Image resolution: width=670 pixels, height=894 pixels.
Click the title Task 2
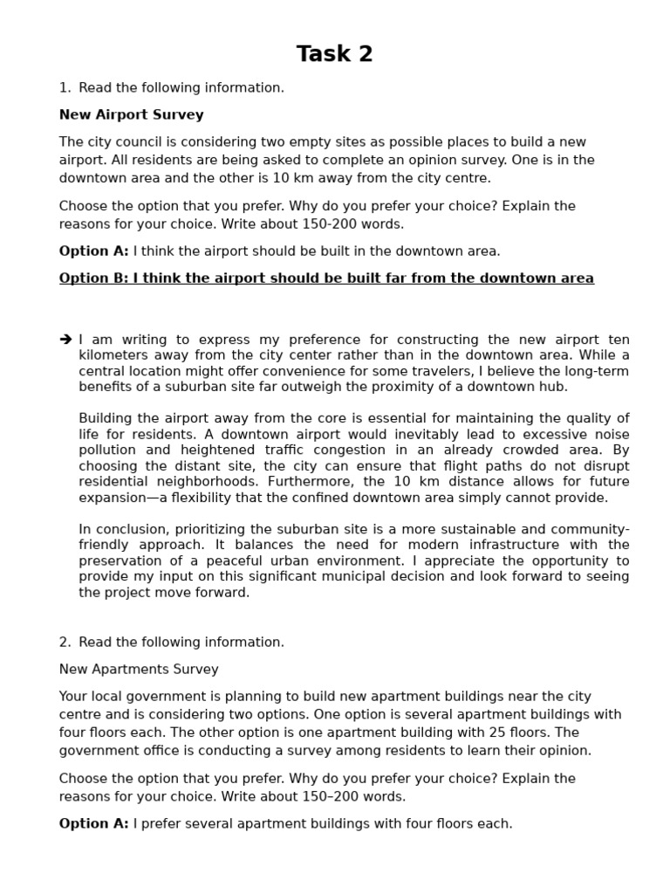335,54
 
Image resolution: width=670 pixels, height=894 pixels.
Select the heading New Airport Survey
132,114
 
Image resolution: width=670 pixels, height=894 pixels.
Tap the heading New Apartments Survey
139,670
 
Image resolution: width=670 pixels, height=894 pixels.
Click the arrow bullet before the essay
66,340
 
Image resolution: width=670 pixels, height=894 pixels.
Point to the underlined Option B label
93,279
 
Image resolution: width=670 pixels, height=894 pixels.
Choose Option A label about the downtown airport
93,251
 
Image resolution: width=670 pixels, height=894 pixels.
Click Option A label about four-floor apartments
93,823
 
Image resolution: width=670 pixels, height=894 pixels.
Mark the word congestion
336,450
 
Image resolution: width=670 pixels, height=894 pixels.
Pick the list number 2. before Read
65,643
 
